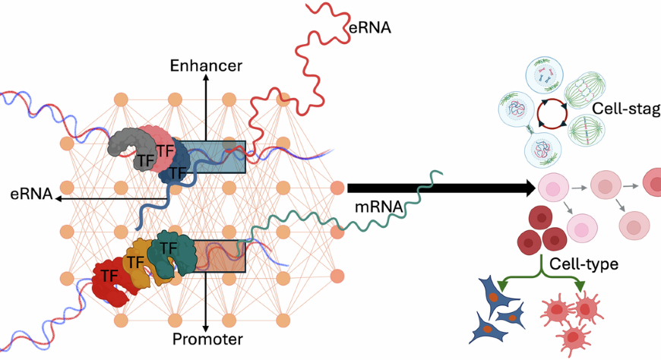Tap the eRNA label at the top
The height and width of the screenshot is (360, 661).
coord(371,28)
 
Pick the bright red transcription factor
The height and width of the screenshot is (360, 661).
coord(110,276)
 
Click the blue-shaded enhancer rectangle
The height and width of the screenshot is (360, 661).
coord(219,156)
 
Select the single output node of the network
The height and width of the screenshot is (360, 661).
coord(337,187)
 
